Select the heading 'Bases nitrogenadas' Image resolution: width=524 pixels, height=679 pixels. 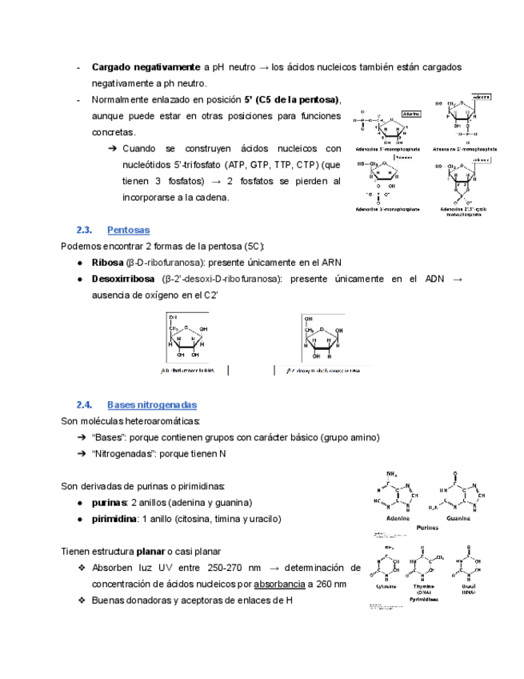152,405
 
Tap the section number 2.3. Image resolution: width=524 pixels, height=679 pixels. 85,230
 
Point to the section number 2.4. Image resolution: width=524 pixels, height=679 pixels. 85,405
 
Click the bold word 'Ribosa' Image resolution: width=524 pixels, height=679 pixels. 108,263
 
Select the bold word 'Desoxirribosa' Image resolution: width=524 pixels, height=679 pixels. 122,279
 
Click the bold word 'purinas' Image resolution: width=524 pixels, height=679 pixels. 110,503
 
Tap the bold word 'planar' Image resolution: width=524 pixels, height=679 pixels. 151,552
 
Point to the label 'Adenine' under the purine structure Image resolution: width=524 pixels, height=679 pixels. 398,518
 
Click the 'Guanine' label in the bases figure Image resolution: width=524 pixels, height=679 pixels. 458,518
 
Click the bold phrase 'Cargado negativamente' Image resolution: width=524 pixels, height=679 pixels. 146,66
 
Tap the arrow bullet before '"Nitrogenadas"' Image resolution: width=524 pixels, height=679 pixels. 82,454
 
